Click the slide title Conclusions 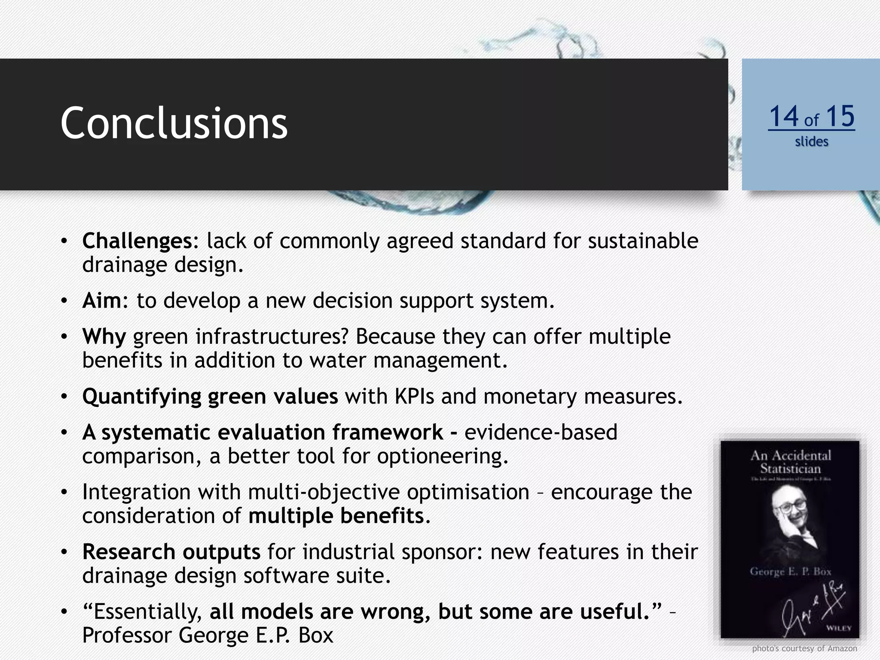[174, 123]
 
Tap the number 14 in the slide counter [783, 116]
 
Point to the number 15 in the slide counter [840, 116]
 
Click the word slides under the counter [811, 141]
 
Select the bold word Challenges [137, 241]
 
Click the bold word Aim [102, 301]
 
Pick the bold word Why [104, 336]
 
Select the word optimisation [468, 492]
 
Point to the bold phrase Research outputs [171, 552]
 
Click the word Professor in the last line [127, 635]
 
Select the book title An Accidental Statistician [791, 461]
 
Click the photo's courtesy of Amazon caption [804, 648]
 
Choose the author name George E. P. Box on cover [790, 571]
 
